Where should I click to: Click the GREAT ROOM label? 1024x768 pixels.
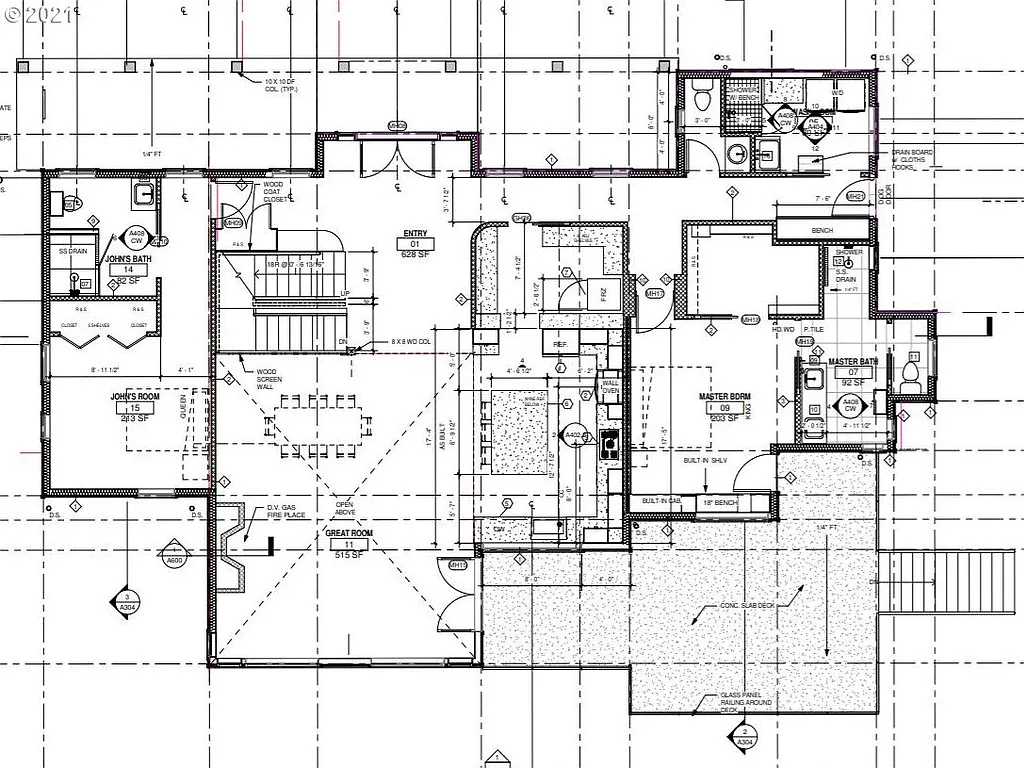[349, 534]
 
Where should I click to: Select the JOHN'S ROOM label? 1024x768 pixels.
[135, 397]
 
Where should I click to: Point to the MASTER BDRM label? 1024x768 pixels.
[725, 396]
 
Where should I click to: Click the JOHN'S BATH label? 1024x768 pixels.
[127, 259]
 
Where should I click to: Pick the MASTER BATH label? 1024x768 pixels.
[853, 361]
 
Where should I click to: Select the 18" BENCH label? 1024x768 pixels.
[719, 502]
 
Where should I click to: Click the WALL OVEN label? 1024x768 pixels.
[610, 385]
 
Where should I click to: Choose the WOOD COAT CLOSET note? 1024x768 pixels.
[276, 192]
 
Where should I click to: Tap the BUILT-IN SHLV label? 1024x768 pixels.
[732, 462]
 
